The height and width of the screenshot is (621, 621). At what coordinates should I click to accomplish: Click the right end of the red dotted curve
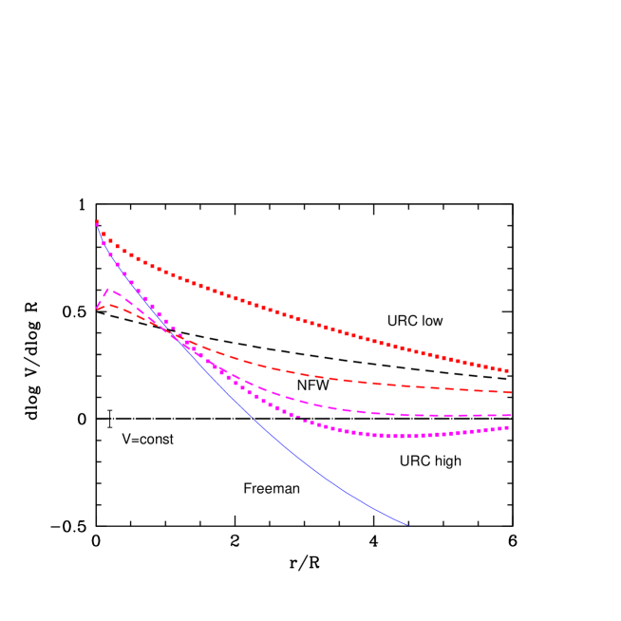(x=508, y=370)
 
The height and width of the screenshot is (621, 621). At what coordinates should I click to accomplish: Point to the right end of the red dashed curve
(x=511, y=392)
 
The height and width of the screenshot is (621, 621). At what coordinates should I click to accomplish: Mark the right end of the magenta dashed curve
(x=511, y=416)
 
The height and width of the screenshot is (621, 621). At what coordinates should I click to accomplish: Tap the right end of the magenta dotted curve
(x=508, y=427)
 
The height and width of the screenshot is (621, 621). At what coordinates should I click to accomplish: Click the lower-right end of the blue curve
(x=407, y=524)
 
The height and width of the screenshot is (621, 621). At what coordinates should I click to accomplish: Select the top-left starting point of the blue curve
(x=97, y=222)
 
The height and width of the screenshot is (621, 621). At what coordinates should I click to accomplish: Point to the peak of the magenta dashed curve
(x=107, y=290)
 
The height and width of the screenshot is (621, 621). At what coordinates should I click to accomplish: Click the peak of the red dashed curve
(x=111, y=304)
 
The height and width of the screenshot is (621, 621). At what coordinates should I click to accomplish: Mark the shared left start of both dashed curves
(x=98, y=309)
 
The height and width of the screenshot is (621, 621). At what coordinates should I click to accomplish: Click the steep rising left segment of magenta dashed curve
(x=102, y=299)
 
